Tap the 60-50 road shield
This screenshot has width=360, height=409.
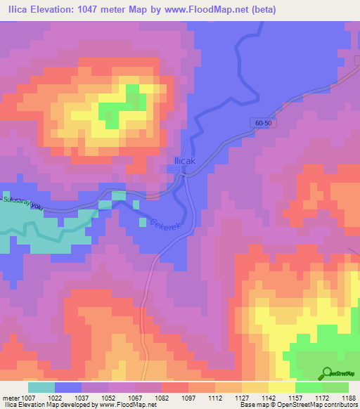263,123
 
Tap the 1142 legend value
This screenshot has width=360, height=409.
269,398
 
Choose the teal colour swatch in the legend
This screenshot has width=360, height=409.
41,387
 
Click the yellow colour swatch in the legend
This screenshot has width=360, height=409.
281,387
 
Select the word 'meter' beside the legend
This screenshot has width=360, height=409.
10,398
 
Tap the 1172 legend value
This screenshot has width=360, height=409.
321,398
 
